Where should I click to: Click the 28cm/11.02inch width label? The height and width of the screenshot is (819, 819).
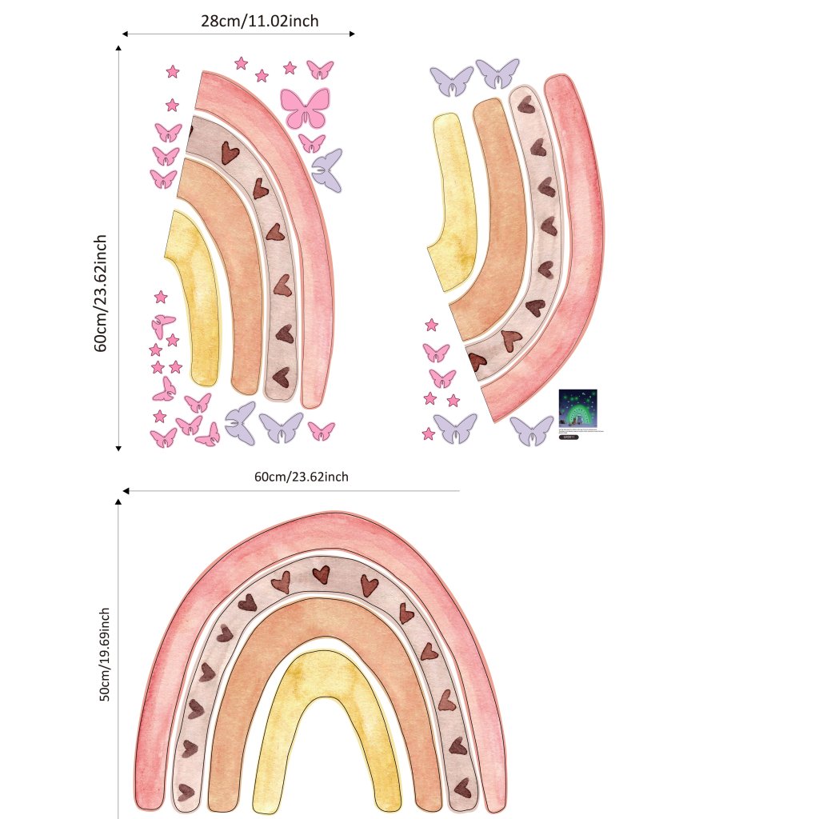click(259, 22)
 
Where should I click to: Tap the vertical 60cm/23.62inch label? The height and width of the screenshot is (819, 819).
click(101, 293)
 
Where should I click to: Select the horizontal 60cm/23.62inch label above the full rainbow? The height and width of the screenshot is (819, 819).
click(302, 477)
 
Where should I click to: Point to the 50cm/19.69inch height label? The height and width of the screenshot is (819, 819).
click(104, 655)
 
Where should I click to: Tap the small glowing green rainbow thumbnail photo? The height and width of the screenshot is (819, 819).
click(577, 409)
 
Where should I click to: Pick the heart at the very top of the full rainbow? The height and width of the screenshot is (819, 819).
click(321, 574)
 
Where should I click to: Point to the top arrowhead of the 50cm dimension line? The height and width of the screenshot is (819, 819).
click(118, 501)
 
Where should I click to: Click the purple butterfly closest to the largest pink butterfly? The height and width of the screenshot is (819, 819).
click(326, 170)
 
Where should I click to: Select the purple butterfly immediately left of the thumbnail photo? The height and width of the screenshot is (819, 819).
click(532, 429)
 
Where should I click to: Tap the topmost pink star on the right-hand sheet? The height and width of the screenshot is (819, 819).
click(431, 325)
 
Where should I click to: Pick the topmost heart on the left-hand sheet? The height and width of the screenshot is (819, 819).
click(229, 152)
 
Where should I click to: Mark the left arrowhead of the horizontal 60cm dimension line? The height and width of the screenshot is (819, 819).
click(126, 490)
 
